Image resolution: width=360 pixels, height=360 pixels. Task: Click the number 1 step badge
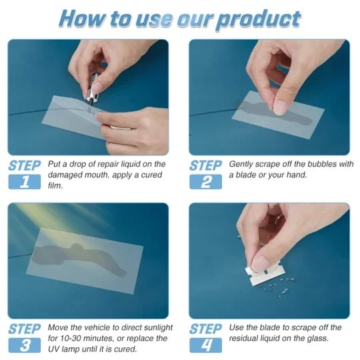24,181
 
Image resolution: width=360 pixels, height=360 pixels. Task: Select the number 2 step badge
205,181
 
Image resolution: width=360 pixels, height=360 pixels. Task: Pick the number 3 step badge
24,345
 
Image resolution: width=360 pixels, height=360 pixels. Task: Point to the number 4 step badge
205,345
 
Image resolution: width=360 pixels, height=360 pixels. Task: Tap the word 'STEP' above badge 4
205,328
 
